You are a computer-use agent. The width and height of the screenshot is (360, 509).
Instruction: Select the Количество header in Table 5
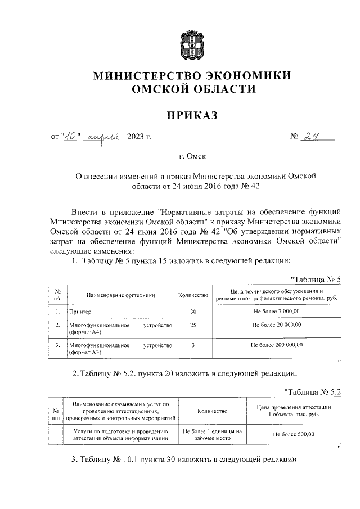click(x=193, y=295)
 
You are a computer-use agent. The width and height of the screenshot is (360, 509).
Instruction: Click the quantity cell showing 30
click(x=193, y=311)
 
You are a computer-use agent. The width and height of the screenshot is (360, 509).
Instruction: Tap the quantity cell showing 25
click(x=193, y=325)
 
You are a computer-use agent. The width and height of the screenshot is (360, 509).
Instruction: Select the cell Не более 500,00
click(x=294, y=434)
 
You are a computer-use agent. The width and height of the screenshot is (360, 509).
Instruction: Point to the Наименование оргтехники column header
click(x=120, y=295)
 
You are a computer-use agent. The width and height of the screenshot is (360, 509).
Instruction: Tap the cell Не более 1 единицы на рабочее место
click(x=213, y=434)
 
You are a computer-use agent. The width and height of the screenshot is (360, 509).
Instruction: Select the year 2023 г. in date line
click(x=139, y=137)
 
